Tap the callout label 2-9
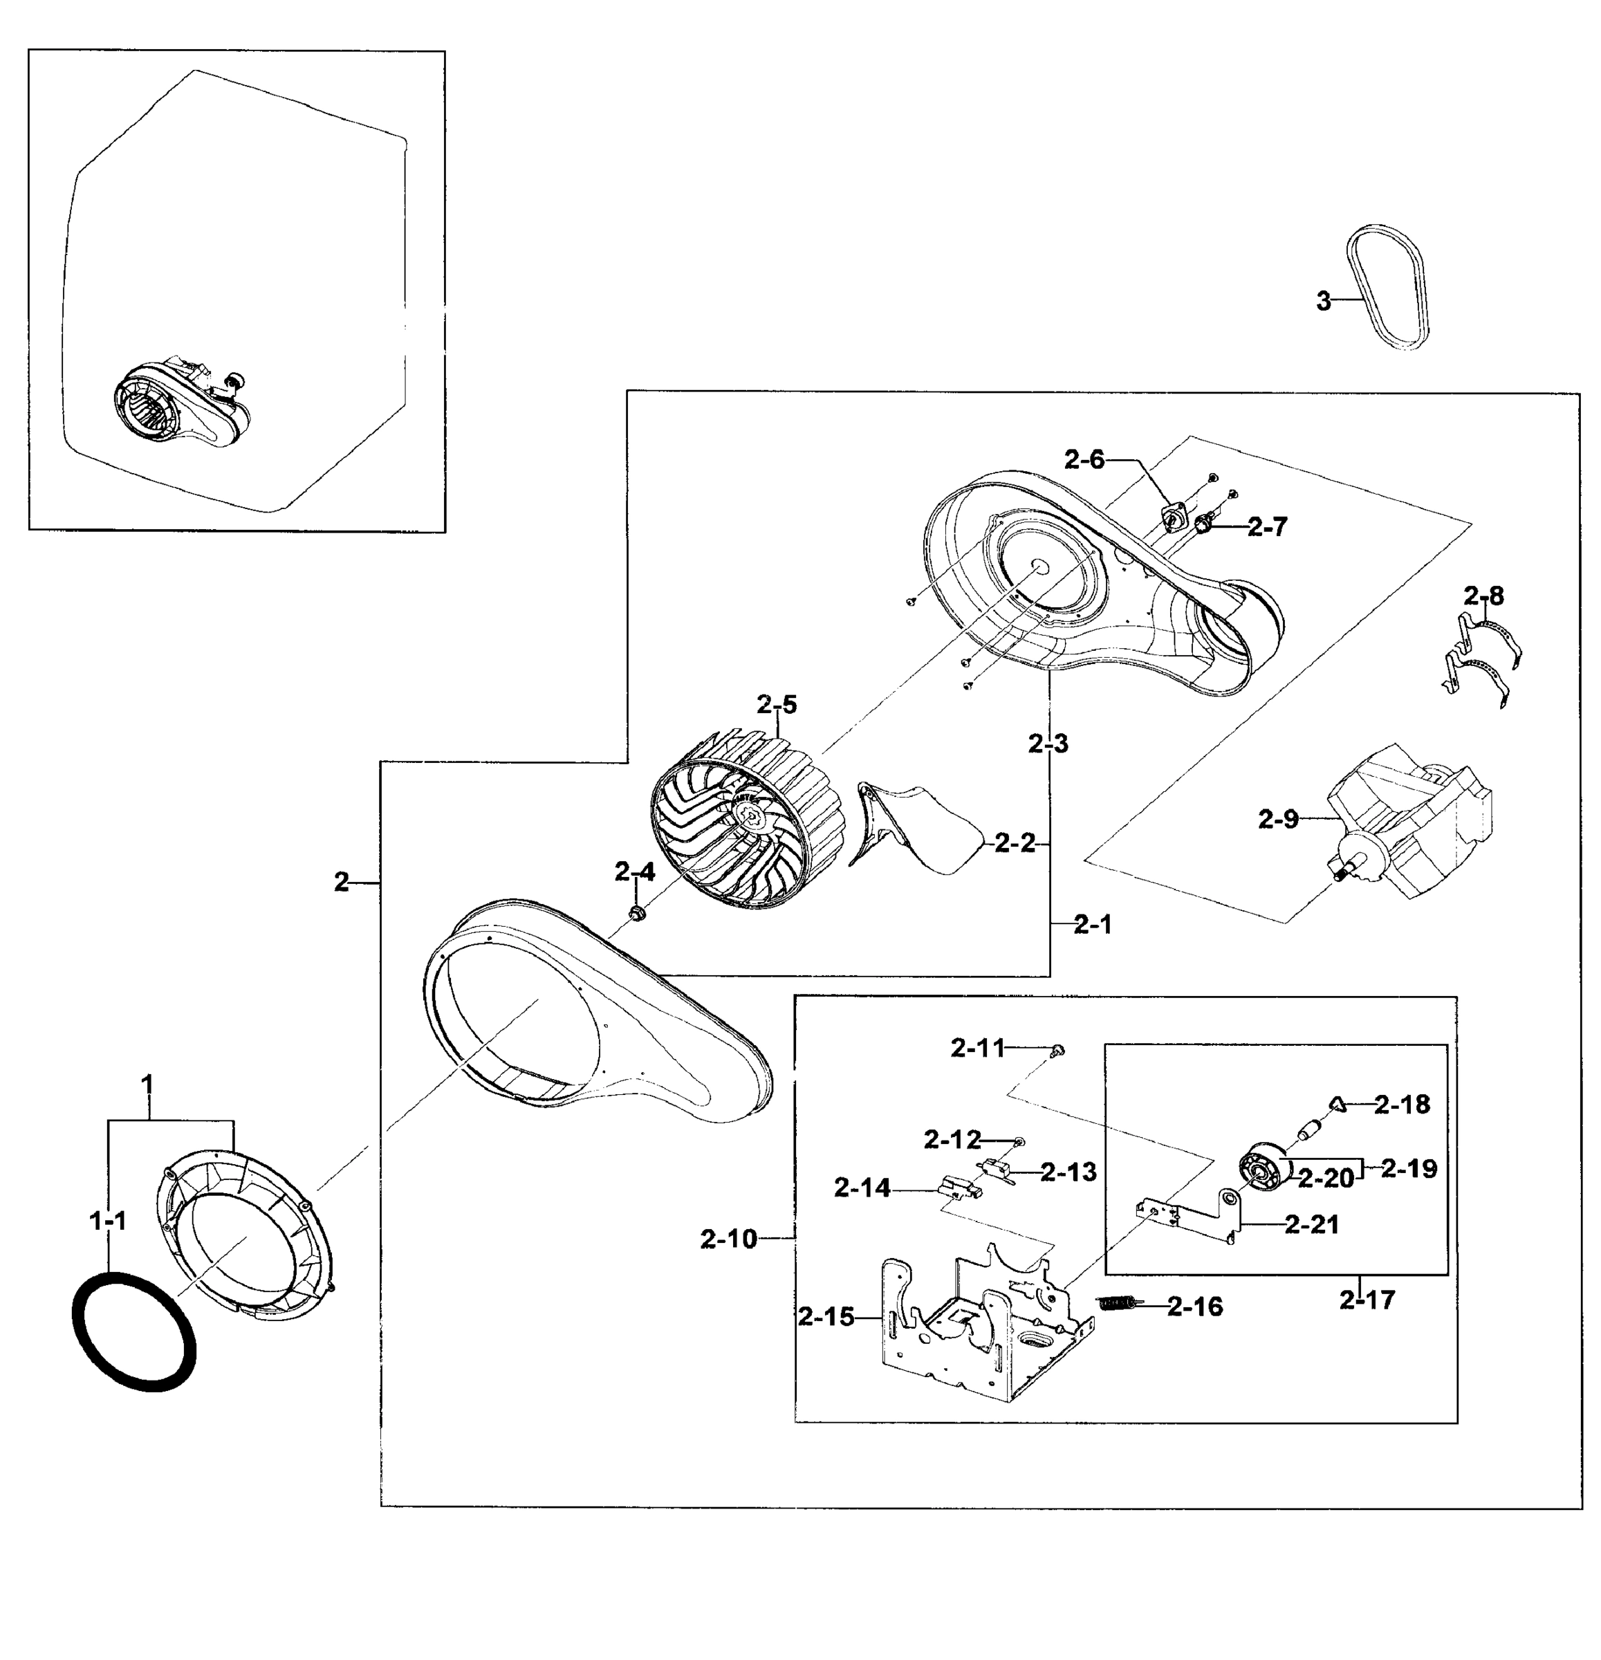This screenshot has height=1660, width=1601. coord(1277,819)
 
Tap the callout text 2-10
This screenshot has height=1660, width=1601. coord(728,1239)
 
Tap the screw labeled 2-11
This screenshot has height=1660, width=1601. coord(1057,1050)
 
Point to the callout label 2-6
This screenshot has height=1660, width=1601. coord(1084,460)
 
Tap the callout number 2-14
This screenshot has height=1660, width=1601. coord(861,1188)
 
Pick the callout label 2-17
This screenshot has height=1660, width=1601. coord(1367,1299)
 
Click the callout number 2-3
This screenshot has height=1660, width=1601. coord(1048,744)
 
